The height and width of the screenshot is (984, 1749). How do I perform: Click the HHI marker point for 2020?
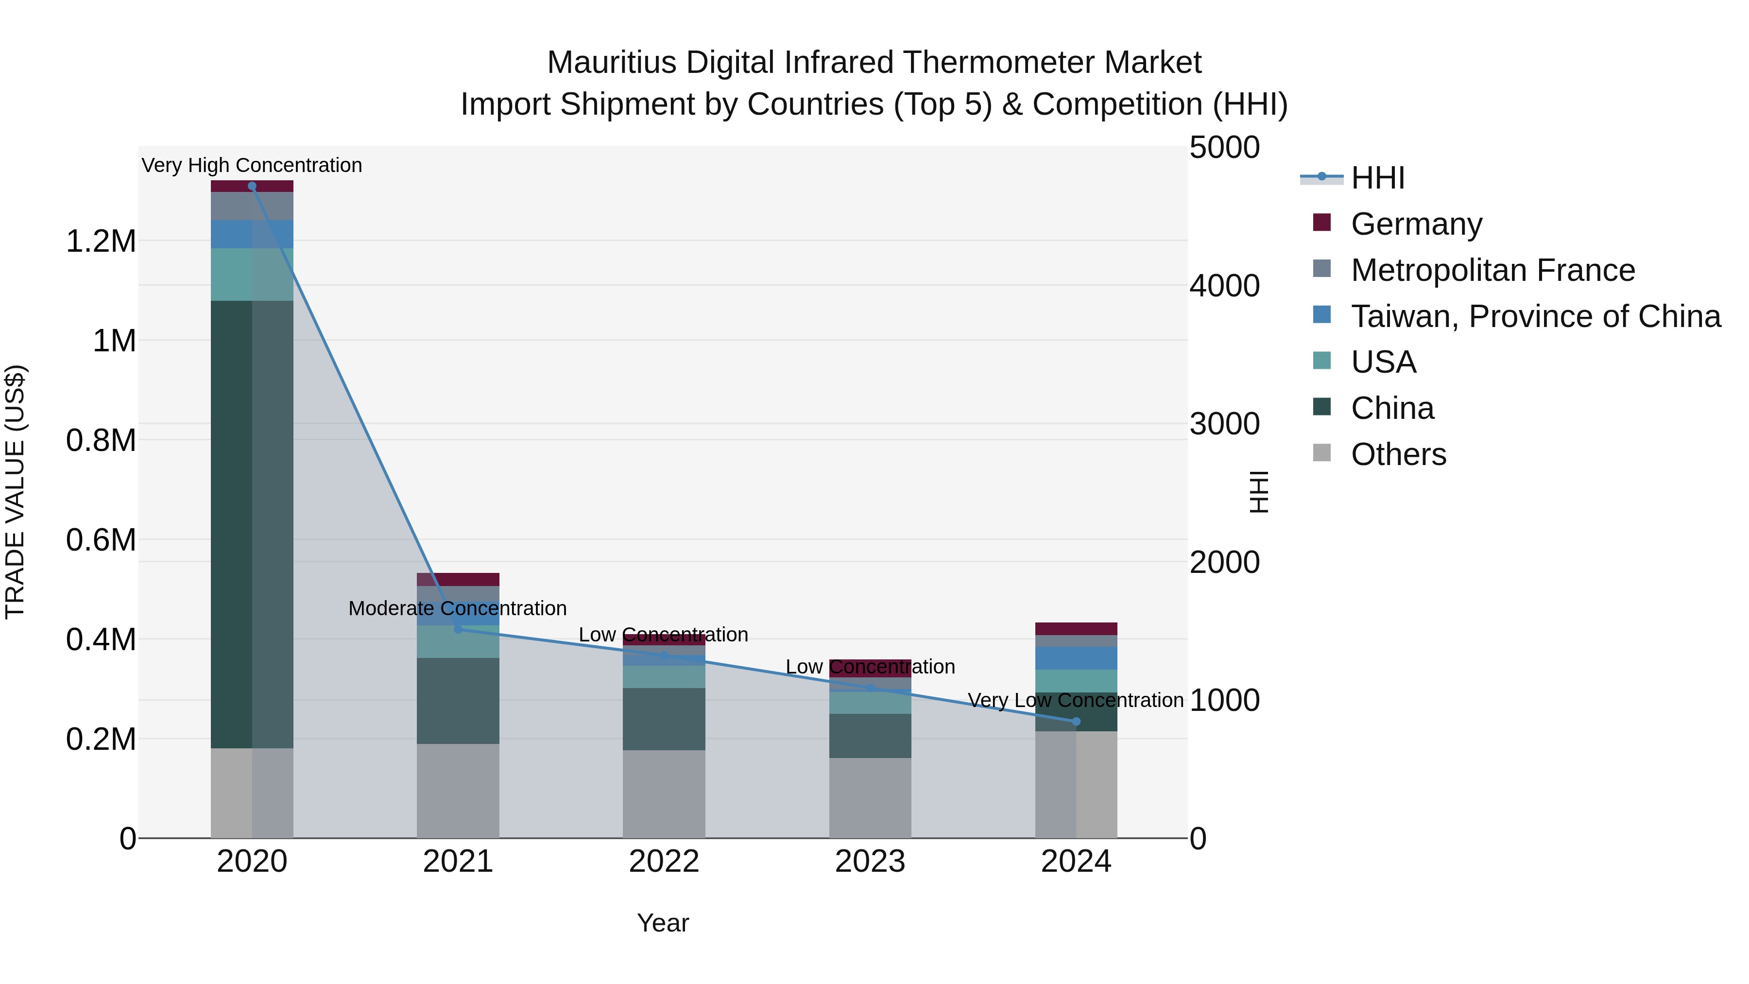[252, 186]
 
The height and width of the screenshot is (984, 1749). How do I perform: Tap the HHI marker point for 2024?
[1076, 721]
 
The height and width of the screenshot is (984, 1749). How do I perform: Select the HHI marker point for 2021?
[458, 629]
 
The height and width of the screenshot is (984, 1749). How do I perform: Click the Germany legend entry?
[1416, 224]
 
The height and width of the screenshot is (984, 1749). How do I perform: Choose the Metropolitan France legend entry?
[1492, 270]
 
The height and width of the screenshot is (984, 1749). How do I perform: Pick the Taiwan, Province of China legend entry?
[1535, 316]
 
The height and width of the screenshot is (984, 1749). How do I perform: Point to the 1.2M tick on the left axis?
[101, 241]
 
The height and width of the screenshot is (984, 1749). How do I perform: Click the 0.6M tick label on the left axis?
[101, 540]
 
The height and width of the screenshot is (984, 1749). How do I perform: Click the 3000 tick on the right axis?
[1224, 424]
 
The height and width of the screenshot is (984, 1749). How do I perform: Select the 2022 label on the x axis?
[663, 861]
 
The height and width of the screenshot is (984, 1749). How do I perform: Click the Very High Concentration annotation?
[252, 165]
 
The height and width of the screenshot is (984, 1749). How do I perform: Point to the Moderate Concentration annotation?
[457, 608]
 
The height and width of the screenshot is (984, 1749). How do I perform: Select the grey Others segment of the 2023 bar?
[870, 797]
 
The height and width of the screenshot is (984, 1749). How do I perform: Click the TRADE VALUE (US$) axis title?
[15, 492]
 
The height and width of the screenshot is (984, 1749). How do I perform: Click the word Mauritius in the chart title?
[612, 63]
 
